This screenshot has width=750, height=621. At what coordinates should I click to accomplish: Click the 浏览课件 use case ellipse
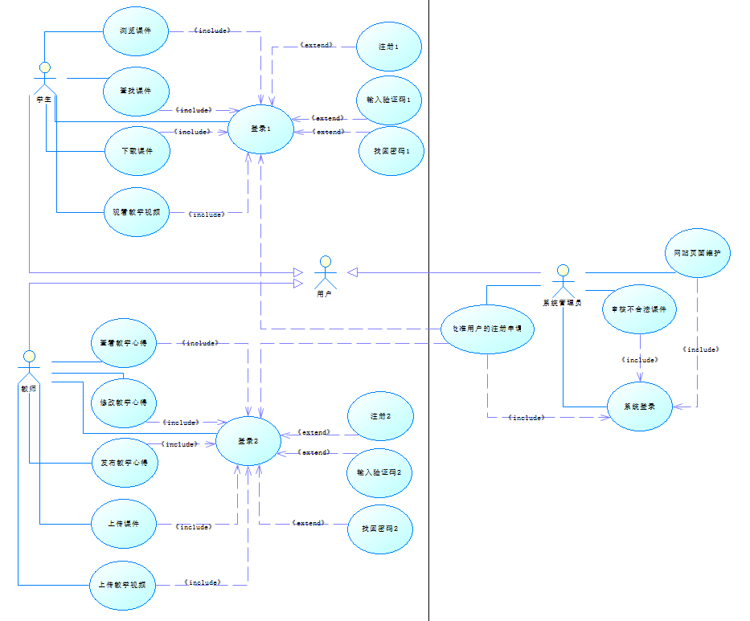[137, 31]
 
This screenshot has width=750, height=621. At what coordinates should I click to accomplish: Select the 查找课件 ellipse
[137, 91]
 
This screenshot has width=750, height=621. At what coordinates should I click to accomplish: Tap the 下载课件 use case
[137, 151]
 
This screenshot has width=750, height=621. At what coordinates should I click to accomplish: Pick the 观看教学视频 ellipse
[137, 212]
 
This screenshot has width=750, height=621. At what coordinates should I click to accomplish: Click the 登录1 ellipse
[260, 129]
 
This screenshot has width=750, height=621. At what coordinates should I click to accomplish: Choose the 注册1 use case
[389, 47]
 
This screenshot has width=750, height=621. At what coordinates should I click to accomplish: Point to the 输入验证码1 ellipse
[389, 100]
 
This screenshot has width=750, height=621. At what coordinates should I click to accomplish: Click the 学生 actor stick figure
[45, 76]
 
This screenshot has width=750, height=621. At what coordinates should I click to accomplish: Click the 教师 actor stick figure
[30, 366]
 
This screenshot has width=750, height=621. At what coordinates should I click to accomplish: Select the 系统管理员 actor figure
[563, 280]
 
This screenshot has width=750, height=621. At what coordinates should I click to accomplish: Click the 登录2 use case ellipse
[248, 440]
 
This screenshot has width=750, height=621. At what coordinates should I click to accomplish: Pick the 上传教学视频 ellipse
[123, 584]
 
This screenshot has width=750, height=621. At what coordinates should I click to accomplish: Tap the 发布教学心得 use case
[125, 463]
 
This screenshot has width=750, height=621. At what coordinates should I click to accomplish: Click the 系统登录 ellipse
[639, 407]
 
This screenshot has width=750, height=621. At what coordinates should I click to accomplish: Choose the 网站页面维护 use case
[697, 253]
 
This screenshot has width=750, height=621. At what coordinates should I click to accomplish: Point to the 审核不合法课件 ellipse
[640, 308]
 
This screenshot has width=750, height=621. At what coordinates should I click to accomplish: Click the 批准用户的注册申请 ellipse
[488, 328]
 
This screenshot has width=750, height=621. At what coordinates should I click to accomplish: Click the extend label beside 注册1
[316, 46]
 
